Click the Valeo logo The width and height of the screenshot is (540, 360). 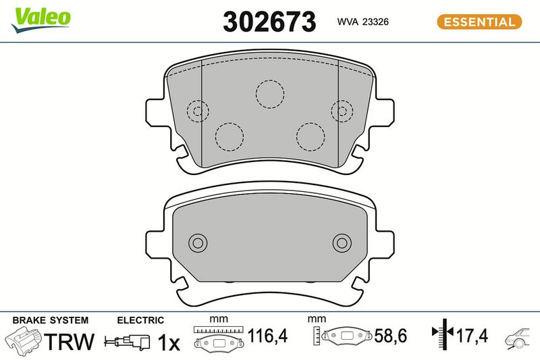point(40,20)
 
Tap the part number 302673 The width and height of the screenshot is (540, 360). point(269,22)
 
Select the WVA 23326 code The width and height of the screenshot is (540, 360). point(362,22)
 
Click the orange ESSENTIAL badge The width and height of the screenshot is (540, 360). point(479,22)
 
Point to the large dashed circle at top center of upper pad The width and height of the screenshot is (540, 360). point(270,80)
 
